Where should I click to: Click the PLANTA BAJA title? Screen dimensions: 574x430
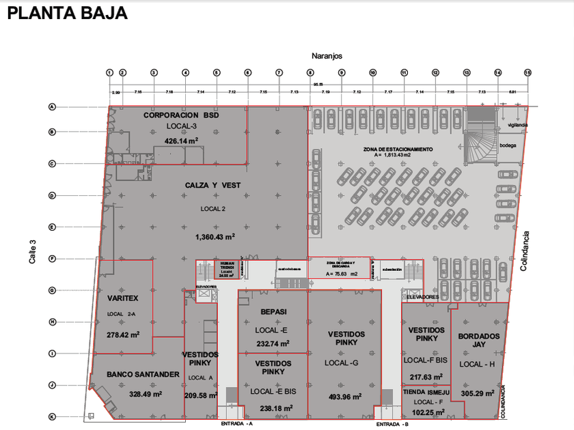tap(67, 13)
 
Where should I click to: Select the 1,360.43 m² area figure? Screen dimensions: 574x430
tap(215, 237)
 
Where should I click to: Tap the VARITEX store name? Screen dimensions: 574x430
tap(124, 298)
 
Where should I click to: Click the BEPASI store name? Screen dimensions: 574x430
tap(273, 312)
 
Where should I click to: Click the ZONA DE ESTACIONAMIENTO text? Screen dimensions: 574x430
tap(398, 149)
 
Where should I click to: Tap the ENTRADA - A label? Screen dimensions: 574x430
tap(237, 424)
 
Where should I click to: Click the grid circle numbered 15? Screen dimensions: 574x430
tap(528, 72)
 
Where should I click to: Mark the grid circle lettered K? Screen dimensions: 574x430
tap(51, 416)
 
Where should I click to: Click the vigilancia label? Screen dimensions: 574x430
tap(517, 126)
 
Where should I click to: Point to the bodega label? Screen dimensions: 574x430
tap(508, 145)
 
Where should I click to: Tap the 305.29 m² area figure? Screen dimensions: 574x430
tap(479, 392)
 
